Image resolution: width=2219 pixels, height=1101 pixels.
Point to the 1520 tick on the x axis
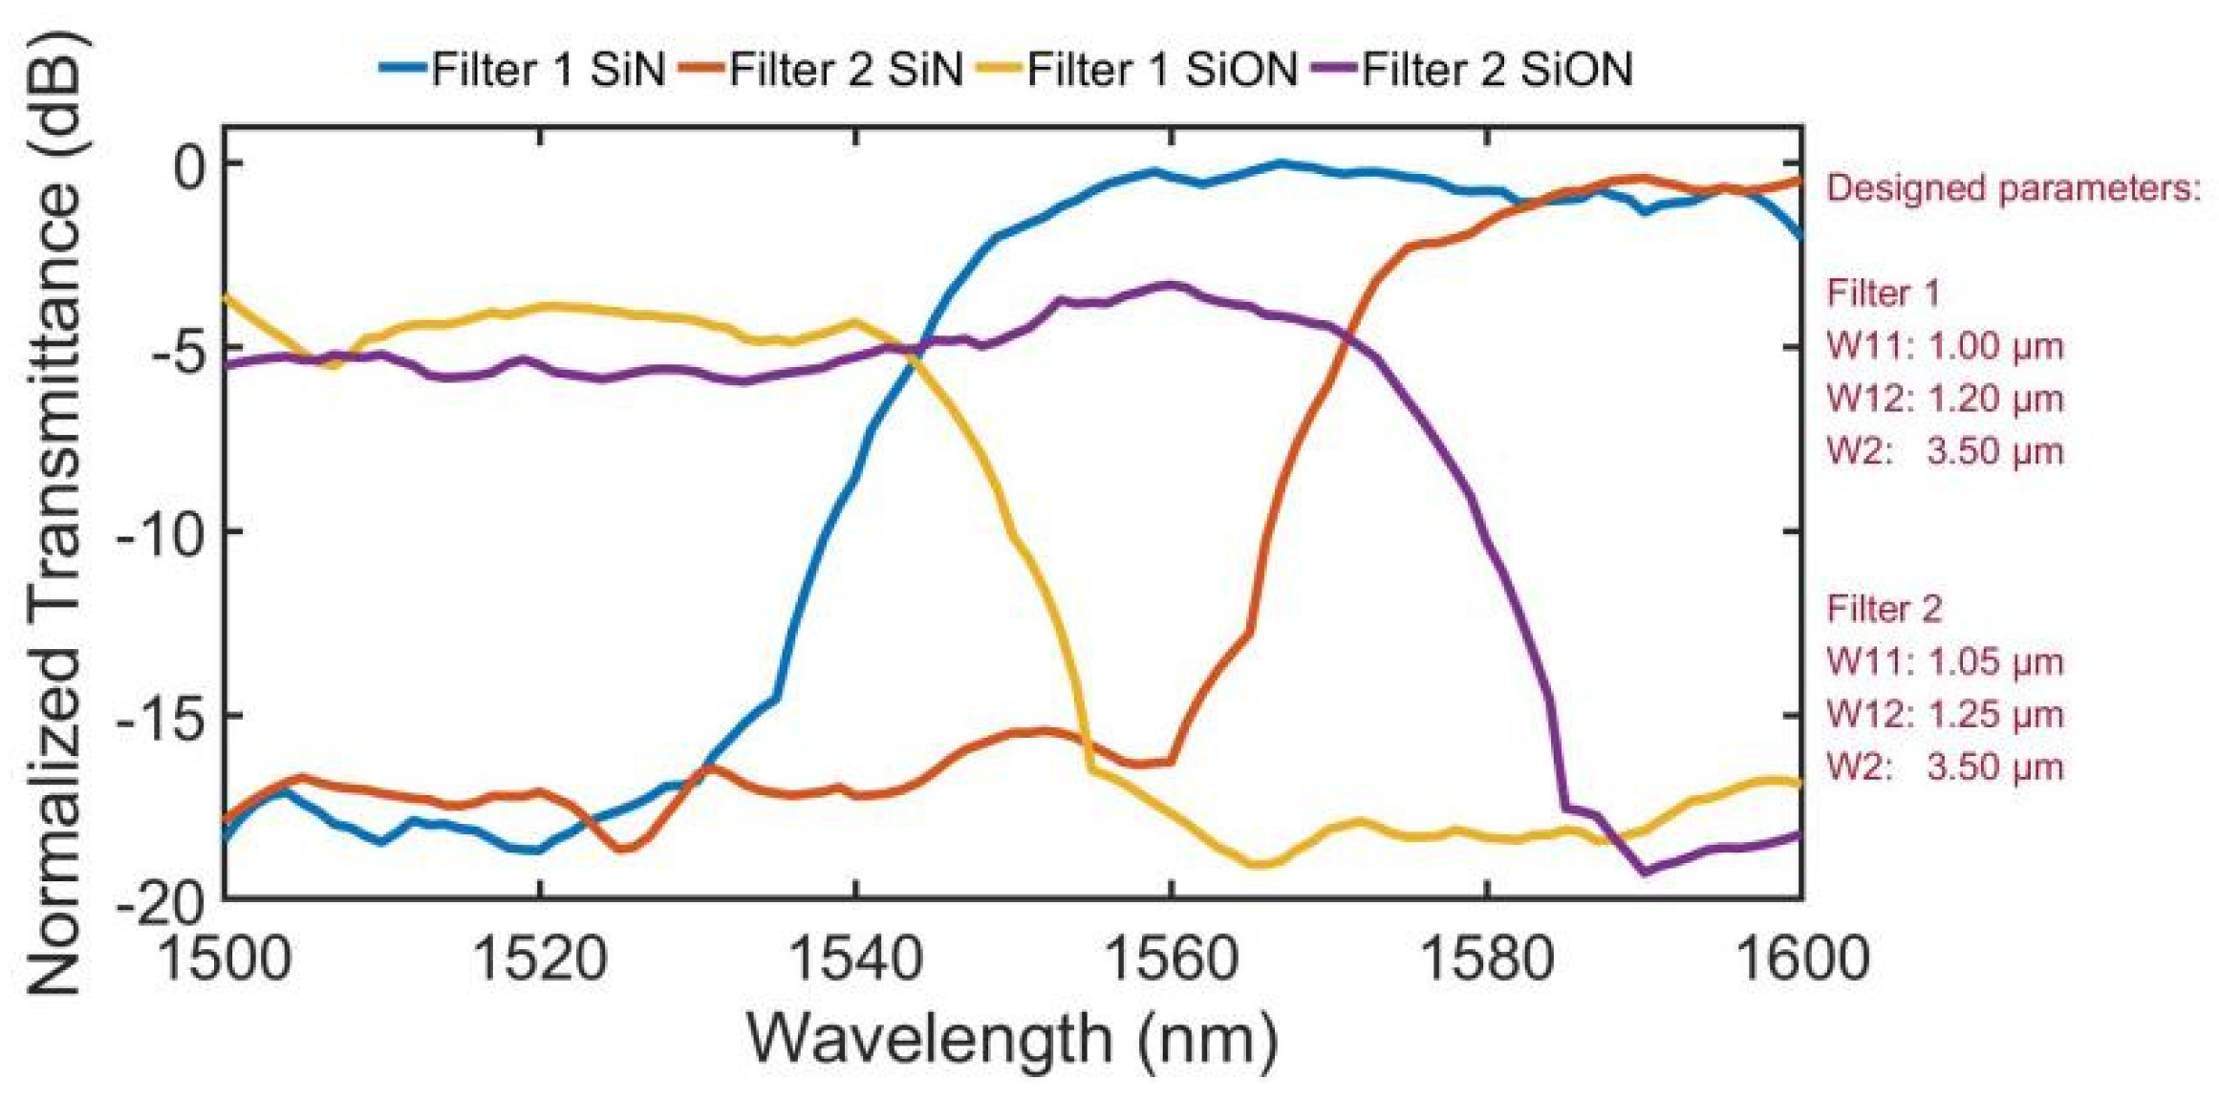point(540,959)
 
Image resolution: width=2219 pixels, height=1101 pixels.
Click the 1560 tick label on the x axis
point(1172,959)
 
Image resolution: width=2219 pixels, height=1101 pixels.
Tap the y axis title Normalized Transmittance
point(54,516)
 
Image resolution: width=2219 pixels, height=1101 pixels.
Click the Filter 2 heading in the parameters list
point(1884,609)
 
